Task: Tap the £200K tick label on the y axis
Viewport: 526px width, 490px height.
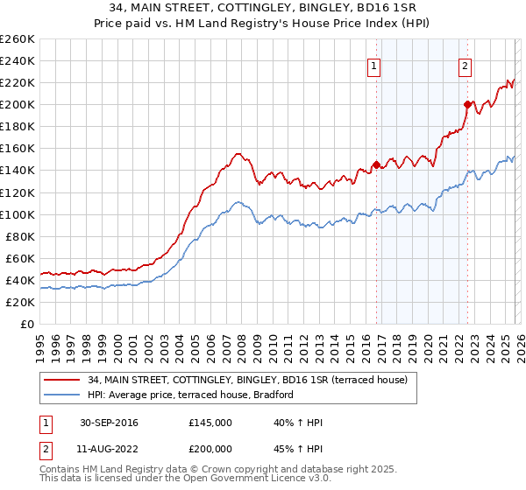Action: pos(18,105)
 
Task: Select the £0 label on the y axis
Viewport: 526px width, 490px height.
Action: pos(27,324)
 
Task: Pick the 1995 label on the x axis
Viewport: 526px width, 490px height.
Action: pos(40,345)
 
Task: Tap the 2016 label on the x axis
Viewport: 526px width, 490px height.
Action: pos(365,345)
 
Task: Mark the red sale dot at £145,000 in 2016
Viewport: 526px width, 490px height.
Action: pos(376,164)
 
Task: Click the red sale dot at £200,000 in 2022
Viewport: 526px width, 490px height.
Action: pos(467,104)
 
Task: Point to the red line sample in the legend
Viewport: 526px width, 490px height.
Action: pos(63,380)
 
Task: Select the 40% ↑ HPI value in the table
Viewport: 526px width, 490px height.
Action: pos(298,423)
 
